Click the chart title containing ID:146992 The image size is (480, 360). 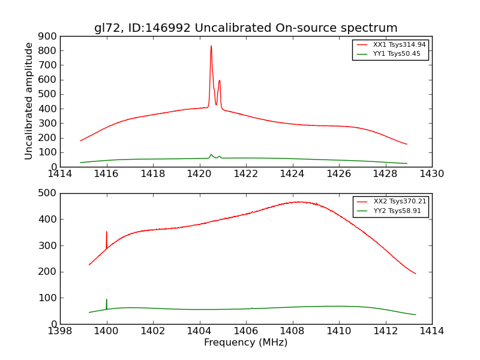(x=245, y=28)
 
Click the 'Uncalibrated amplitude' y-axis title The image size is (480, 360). (x=29, y=101)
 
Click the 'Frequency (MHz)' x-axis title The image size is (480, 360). (x=245, y=343)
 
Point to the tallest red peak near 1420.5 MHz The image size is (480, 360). (x=211, y=47)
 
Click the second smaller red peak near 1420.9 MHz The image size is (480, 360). (x=220, y=81)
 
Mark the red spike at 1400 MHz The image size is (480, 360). (x=107, y=233)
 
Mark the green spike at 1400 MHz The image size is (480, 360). (x=107, y=300)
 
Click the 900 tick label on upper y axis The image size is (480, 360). (x=49, y=36)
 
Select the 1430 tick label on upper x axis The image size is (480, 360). (x=431, y=174)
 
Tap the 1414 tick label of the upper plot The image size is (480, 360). (x=60, y=174)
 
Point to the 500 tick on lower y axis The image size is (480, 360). (x=49, y=193)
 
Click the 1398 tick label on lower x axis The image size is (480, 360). (x=60, y=331)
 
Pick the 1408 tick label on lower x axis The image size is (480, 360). (x=292, y=331)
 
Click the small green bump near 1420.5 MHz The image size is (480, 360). (x=211, y=155)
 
